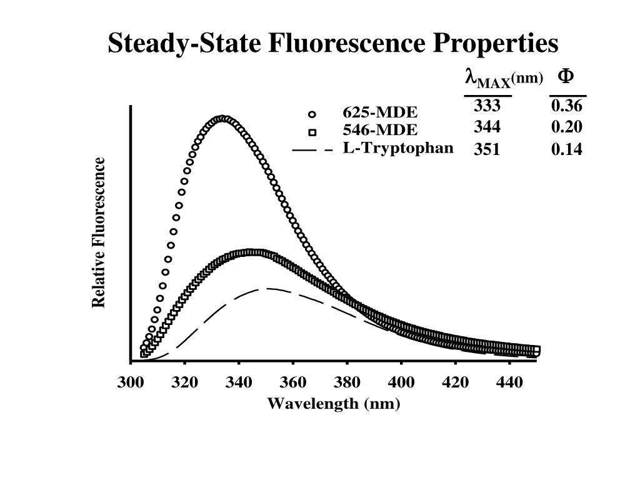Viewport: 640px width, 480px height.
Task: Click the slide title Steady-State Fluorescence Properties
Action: pyautogui.click(x=332, y=44)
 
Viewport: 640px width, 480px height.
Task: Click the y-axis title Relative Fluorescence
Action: pyautogui.click(x=99, y=232)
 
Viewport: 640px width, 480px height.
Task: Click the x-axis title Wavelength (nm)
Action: pyautogui.click(x=334, y=404)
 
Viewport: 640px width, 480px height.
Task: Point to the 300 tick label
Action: pyautogui.click(x=131, y=382)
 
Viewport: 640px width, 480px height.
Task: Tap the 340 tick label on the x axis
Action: pyautogui.click(x=239, y=382)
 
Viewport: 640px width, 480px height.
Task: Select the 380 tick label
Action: pyautogui.click(x=347, y=382)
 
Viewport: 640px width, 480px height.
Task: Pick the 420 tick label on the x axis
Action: pyautogui.click(x=455, y=382)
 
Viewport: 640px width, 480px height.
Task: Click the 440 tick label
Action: pyautogui.click(x=509, y=382)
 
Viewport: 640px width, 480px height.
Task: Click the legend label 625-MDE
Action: pyautogui.click(x=379, y=113)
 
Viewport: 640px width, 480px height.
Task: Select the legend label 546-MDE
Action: pyautogui.click(x=379, y=131)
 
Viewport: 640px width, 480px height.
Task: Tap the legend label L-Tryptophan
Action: pyautogui.click(x=398, y=149)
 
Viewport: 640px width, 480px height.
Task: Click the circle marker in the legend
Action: pyautogui.click(x=312, y=114)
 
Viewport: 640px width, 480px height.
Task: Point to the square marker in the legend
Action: pyautogui.click(x=312, y=132)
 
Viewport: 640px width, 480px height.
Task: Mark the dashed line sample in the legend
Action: pyautogui.click(x=312, y=150)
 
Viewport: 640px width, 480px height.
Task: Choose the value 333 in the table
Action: pyautogui.click(x=487, y=105)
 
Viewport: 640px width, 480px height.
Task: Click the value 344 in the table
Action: pyautogui.click(x=487, y=127)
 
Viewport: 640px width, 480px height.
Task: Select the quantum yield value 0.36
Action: pyautogui.click(x=567, y=106)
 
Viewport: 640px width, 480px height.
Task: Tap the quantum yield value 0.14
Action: pyautogui.click(x=567, y=149)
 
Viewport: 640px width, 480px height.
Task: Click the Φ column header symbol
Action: pyautogui.click(x=566, y=76)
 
